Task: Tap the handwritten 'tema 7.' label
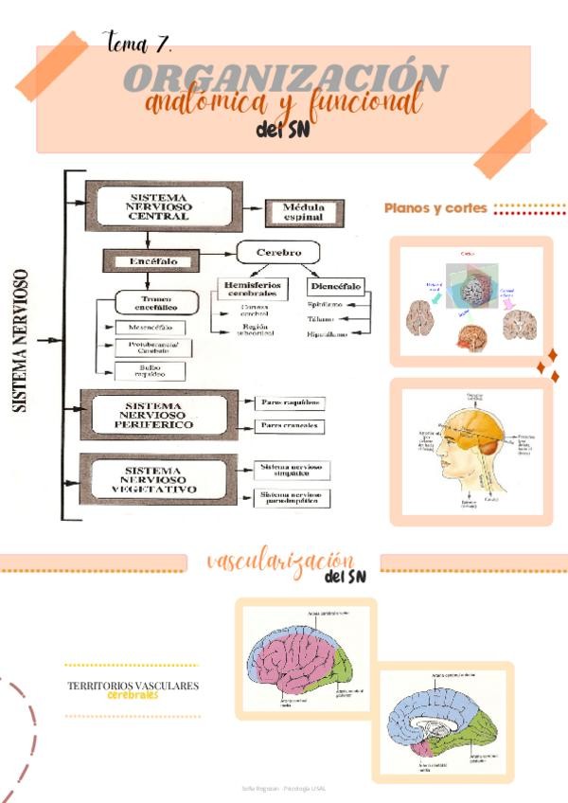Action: (136, 41)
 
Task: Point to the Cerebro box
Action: (277, 254)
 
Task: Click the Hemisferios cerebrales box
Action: (252, 288)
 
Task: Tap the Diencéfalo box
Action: (336, 285)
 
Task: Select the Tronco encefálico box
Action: (155, 303)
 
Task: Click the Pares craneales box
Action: (289, 426)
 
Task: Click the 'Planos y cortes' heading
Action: (435, 208)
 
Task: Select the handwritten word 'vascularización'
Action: (280, 562)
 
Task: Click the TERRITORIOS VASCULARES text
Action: (133, 686)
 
